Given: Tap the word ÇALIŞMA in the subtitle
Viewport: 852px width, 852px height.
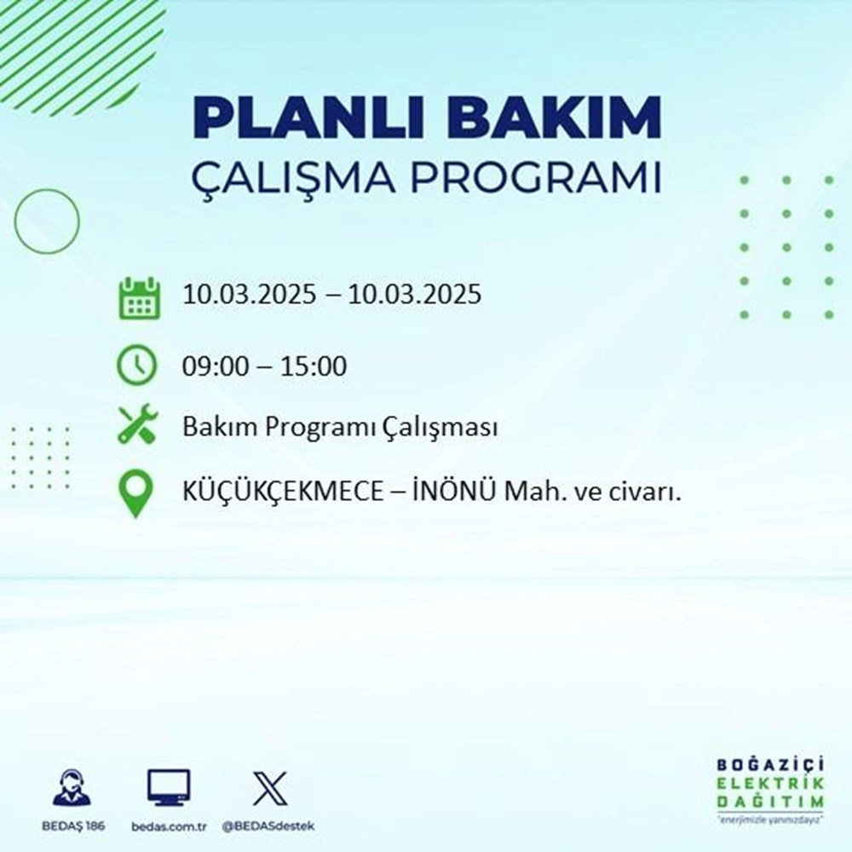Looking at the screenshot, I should [292, 181].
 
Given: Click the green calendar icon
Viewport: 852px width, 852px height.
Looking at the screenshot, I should [138, 297].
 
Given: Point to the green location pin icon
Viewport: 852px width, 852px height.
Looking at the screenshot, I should [136, 494].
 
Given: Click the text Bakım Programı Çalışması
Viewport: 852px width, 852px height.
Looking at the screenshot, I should [340, 428].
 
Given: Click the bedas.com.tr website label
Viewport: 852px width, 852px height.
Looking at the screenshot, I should [170, 826].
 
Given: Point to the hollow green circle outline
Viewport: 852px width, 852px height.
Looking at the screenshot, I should [47, 220].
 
